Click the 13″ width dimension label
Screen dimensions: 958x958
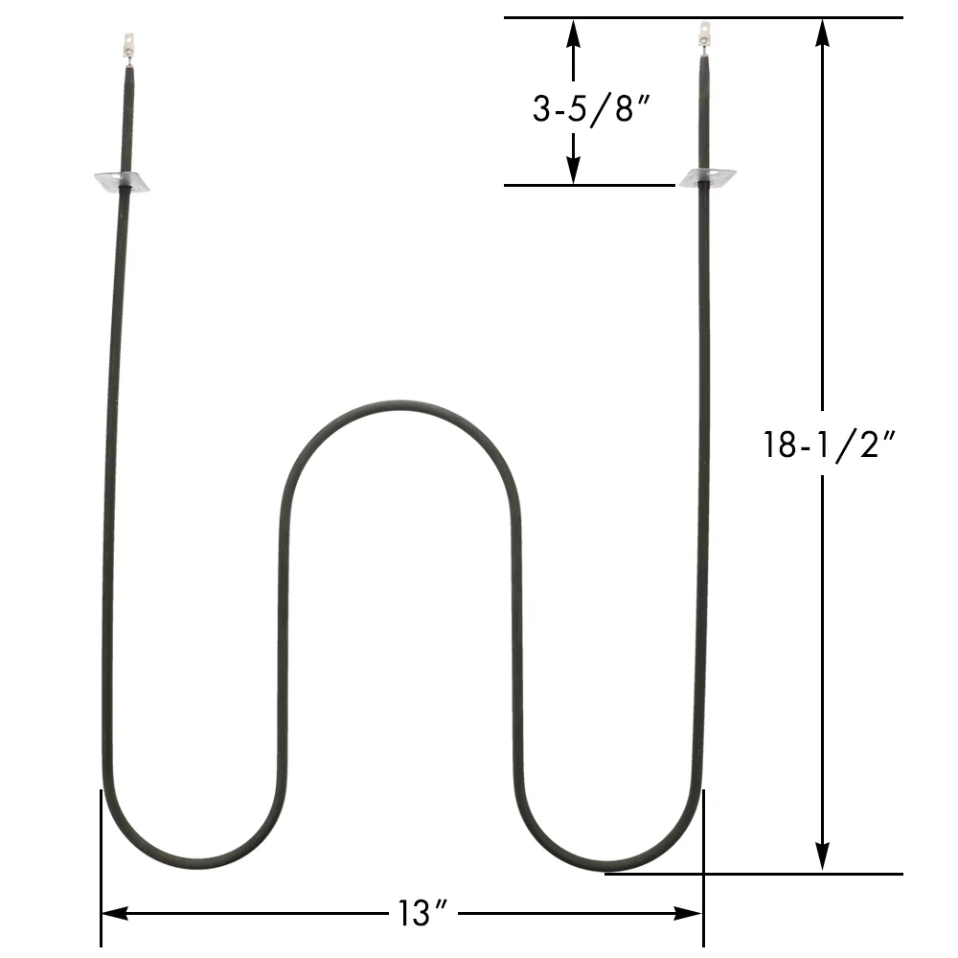click(414, 914)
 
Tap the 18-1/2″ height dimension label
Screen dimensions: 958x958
click(830, 445)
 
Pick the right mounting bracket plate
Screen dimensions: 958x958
click(708, 178)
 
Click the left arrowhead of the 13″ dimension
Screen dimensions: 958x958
click(113, 914)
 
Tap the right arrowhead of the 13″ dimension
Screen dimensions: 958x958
click(692, 914)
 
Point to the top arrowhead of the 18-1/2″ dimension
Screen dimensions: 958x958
click(822, 31)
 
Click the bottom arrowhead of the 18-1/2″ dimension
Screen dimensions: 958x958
click(822, 859)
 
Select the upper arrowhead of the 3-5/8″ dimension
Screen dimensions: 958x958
click(573, 31)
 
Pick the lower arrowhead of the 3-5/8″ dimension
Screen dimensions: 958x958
click(573, 171)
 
